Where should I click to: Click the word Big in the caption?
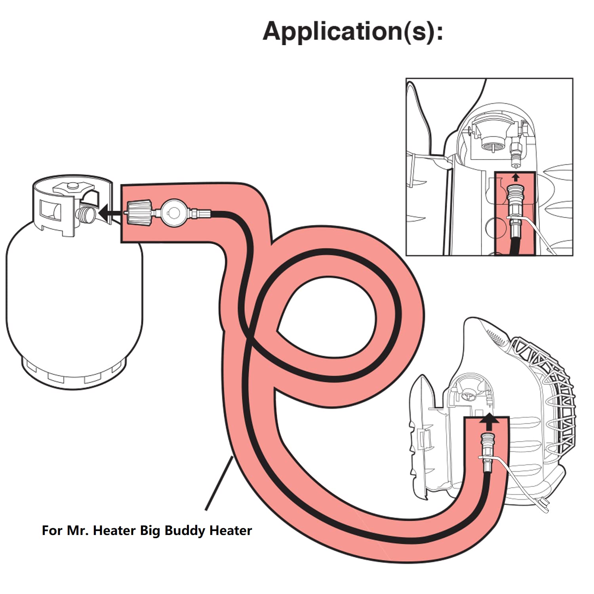click(150, 531)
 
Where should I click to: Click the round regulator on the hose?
click(173, 213)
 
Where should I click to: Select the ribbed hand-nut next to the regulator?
click(139, 213)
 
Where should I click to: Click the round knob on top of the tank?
click(72, 185)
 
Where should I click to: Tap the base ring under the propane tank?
click(73, 374)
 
